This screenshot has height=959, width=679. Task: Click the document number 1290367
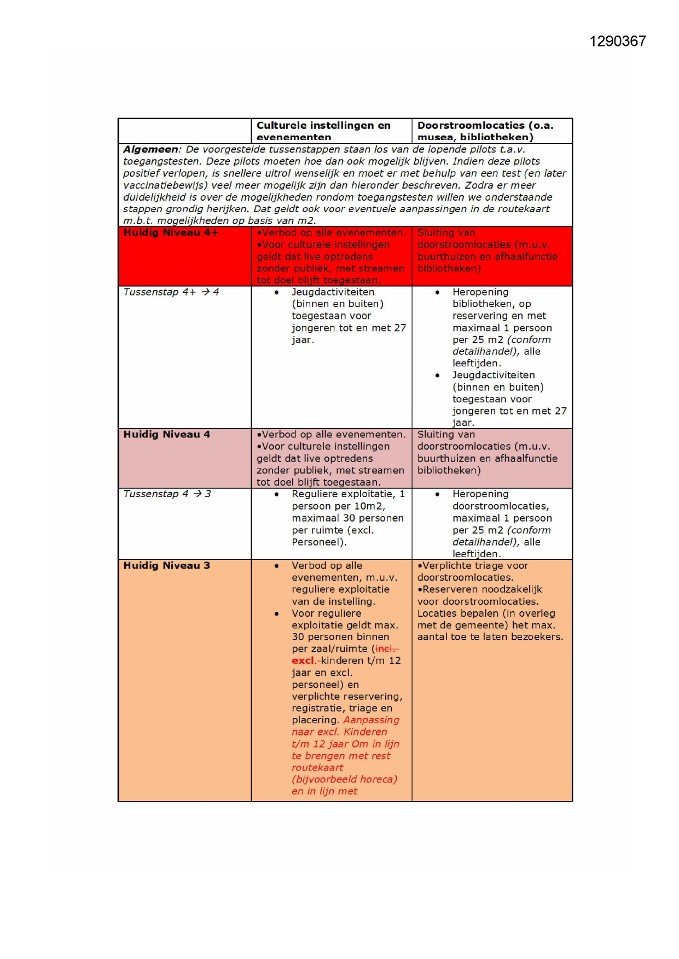(x=617, y=42)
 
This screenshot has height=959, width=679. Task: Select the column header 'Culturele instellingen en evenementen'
(x=323, y=131)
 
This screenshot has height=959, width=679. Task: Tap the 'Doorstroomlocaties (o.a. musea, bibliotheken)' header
(x=485, y=131)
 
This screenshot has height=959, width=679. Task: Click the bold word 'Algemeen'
(x=150, y=149)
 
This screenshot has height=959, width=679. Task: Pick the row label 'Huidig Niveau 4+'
(x=171, y=233)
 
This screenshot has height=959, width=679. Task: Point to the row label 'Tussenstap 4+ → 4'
(x=171, y=292)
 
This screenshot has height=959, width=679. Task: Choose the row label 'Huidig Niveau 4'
(x=166, y=435)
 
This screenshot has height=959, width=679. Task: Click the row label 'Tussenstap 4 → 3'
(x=167, y=494)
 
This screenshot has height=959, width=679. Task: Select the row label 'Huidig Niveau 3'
(x=166, y=566)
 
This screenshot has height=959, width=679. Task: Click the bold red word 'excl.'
(x=303, y=660)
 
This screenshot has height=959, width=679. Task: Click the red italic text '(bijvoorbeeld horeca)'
(x=344, y=779)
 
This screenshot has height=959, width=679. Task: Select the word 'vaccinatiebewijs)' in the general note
(x=165, y=185)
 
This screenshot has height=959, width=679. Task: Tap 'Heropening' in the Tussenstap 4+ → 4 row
(x=480, y=293)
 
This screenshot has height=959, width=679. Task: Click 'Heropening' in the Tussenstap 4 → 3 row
(x=480, y=494)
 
